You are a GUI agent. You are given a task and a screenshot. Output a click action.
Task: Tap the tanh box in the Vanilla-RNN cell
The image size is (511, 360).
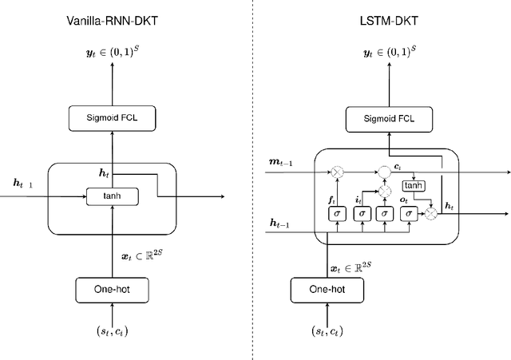112,195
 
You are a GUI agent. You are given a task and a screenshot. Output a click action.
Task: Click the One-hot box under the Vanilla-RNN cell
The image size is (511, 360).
112,288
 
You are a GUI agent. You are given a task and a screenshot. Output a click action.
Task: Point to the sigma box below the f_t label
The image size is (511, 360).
337,213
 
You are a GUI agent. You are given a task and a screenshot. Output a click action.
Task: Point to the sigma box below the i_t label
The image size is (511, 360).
362,213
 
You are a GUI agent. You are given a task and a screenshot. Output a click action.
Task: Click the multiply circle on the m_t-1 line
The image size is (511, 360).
337,171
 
